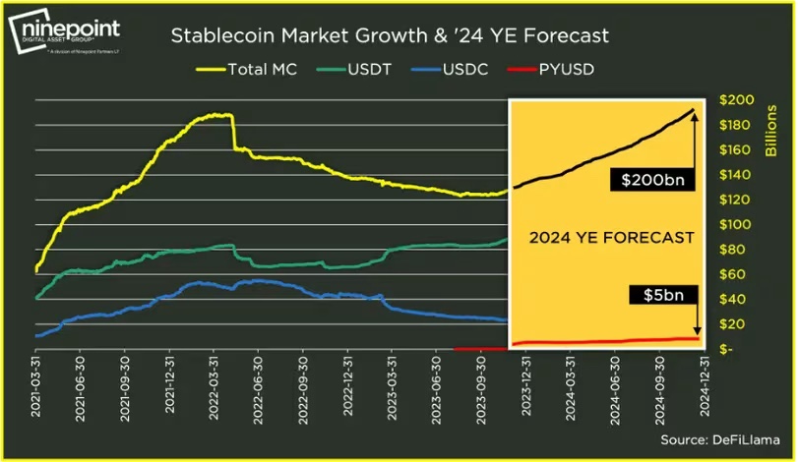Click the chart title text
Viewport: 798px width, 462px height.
point(390,36)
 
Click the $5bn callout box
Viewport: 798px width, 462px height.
point(651,294)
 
